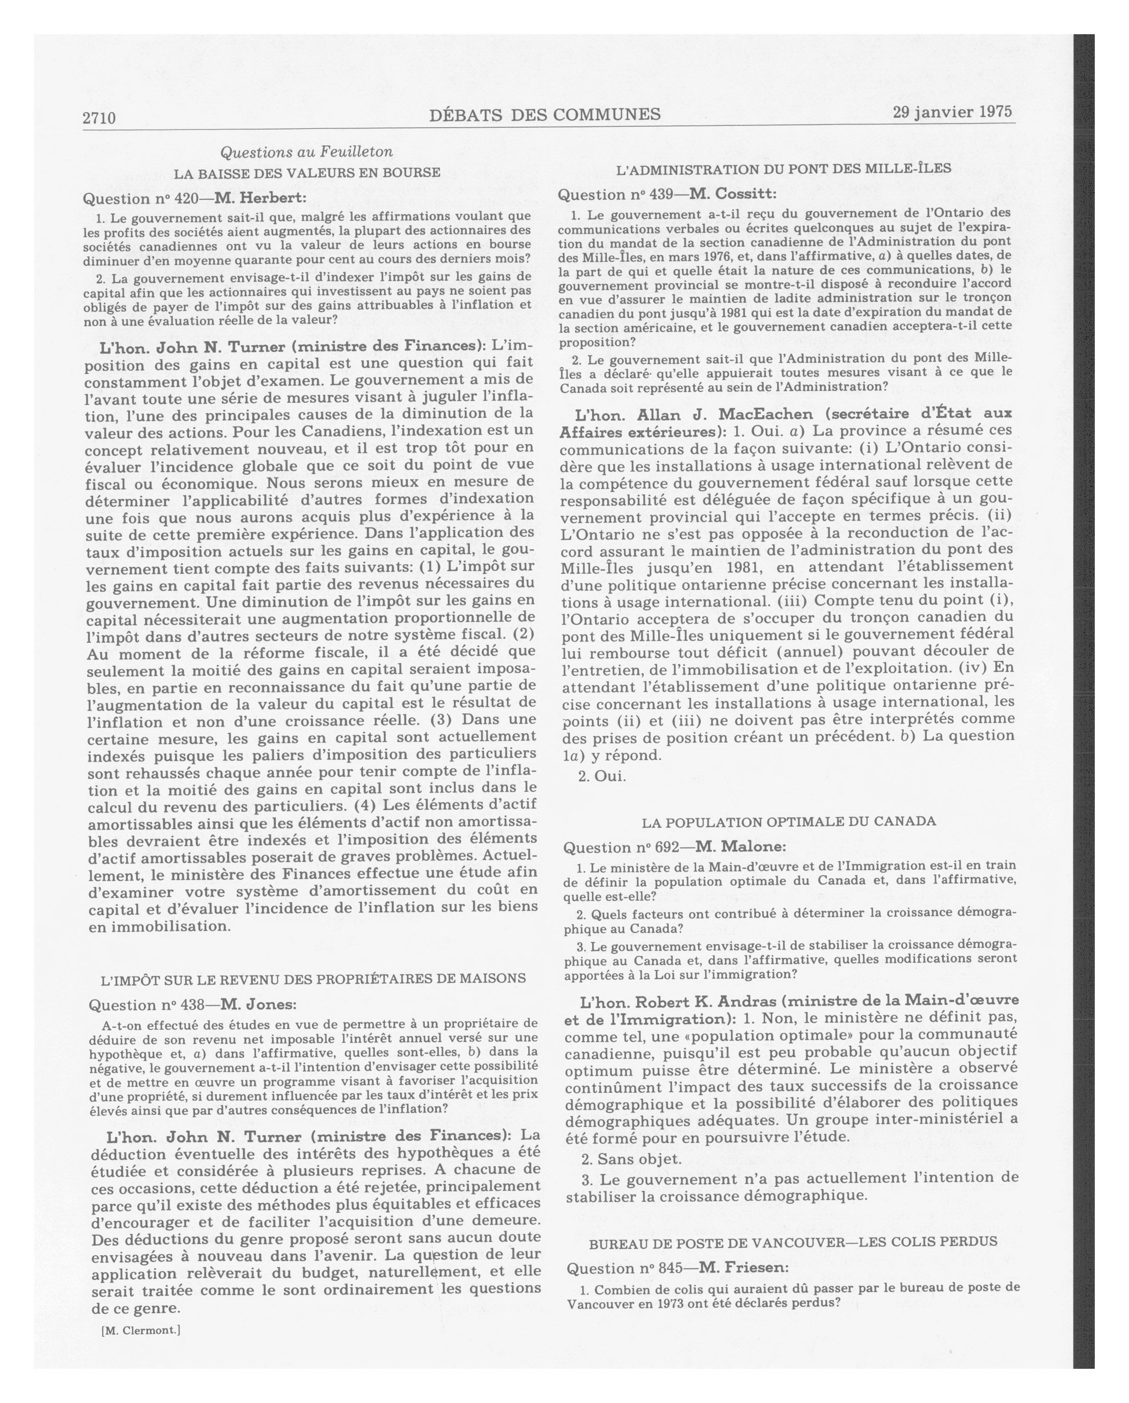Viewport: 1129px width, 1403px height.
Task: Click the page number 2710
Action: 99,118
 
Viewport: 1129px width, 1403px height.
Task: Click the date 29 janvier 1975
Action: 952,112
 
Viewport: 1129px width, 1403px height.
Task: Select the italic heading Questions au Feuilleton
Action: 307,152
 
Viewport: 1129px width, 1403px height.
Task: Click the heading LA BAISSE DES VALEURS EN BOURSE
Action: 307,172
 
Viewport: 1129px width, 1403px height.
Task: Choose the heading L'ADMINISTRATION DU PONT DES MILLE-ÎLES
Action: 784,169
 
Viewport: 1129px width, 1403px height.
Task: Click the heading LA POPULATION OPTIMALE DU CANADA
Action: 789,821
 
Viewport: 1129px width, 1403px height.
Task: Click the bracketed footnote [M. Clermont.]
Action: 140,1330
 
